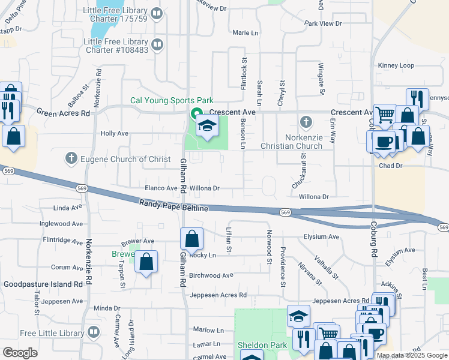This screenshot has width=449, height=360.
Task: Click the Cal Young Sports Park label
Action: click(x=172, y=101)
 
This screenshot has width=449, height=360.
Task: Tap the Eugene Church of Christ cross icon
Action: click(x=71, y=159)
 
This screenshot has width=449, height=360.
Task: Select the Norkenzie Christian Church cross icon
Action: click(x=306, y=123)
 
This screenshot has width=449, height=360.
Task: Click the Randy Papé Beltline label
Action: click(x=174, y=206)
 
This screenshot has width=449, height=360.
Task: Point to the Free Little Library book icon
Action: click(x=94, y=332)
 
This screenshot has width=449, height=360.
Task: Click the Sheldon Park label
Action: click(x=262, y=345)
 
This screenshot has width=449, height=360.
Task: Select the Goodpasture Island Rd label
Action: click(x=43, y=284)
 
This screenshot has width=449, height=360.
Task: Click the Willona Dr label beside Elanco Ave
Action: click(x=205, y=188)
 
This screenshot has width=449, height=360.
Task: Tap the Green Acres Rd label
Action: click(x=63, y=112)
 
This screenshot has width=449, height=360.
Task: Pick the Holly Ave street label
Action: click(x=115, y=133)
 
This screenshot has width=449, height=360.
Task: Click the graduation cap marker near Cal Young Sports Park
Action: click(x=207, y=126)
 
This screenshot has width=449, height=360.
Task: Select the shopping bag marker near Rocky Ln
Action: click(x=191, y=239)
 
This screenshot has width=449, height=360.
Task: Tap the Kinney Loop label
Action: click(x=396, y=65)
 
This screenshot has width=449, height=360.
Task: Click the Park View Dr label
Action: click(x=323, y=23)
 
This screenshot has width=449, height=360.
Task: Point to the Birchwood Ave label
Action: click(x=211, y=275)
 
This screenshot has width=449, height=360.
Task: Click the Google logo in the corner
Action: click(x=20, y=352)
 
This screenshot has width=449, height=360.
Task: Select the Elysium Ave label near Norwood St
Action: click(x=318, y=236)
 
